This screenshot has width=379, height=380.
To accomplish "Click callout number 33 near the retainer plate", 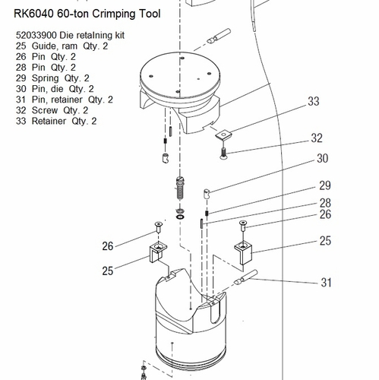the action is click(x=314, y=101).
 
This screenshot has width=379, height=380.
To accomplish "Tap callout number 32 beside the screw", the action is click(x=317, y=138).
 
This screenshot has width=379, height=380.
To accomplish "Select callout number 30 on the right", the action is click(x=323, y=158).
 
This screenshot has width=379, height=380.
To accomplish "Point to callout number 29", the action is click(x=325, y=185).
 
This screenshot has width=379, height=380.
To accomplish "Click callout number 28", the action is click(x=325, y=203).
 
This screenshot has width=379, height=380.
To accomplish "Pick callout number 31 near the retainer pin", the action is click(x=327, y=283).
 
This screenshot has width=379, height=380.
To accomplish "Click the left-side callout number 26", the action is click(x=108, y=246).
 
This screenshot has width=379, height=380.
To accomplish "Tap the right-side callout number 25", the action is click(x=325, y=241).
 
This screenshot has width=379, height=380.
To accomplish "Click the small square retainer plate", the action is click(x=223, y=135).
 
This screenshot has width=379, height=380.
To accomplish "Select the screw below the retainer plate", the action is click(x=223, y=154).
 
